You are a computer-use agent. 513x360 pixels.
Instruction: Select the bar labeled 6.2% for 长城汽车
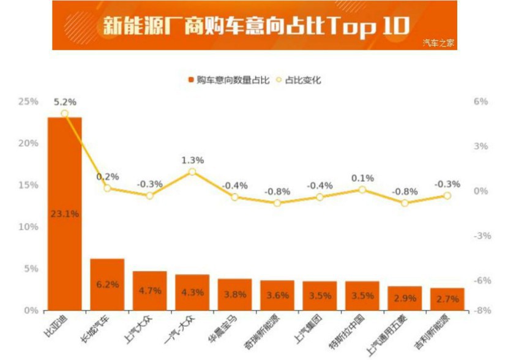(107, 285)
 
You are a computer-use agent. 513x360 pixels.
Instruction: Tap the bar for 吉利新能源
(447, 299)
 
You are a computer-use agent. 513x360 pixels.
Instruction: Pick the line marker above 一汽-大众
(192, 171)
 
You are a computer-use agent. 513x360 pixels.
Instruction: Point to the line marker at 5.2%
(64, 113)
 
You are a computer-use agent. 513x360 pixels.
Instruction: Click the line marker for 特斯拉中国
(362, 190)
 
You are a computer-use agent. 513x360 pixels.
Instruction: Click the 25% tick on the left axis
(29, 102)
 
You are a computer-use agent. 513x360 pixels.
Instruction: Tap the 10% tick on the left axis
(29, 227)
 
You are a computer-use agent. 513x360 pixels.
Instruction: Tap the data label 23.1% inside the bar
(64, 214)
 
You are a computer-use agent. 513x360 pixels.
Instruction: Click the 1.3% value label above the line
(192, 160)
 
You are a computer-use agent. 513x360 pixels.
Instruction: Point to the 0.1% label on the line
(362, 178)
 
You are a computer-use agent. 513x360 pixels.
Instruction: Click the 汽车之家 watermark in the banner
(439, 43)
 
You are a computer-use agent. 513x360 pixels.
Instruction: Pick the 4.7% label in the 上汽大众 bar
(149, 291)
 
